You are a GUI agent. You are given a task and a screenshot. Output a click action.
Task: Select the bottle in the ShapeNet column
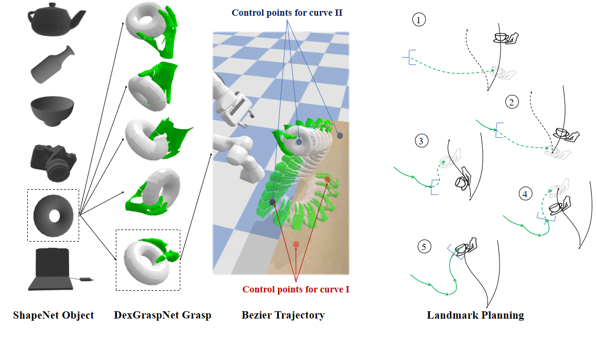(x=52, y=64)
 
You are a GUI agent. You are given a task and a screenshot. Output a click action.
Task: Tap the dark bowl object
(x=52, y=111)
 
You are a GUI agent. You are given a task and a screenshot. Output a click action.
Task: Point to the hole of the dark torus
(x=55, y=216)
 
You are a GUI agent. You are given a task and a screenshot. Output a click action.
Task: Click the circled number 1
(x=419, y=20)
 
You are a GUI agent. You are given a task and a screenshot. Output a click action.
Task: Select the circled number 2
(x=512, y=102)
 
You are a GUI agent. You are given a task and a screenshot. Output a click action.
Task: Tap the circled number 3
(x=421, y=141)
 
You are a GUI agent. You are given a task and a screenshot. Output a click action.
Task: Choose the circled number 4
(x=525, y=194)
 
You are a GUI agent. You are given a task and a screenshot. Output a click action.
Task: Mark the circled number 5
(x=424, y=247)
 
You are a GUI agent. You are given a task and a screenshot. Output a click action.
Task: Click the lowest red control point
(x=296, y=244)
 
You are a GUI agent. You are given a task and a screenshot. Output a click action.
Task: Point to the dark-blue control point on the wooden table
(x=340, y=136)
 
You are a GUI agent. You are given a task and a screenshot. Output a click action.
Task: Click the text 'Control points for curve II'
(x=287, y=13)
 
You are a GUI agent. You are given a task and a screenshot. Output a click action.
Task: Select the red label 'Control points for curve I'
(x=296, y=289)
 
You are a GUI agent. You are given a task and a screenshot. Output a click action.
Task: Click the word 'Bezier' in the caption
(x=255, y=315)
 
